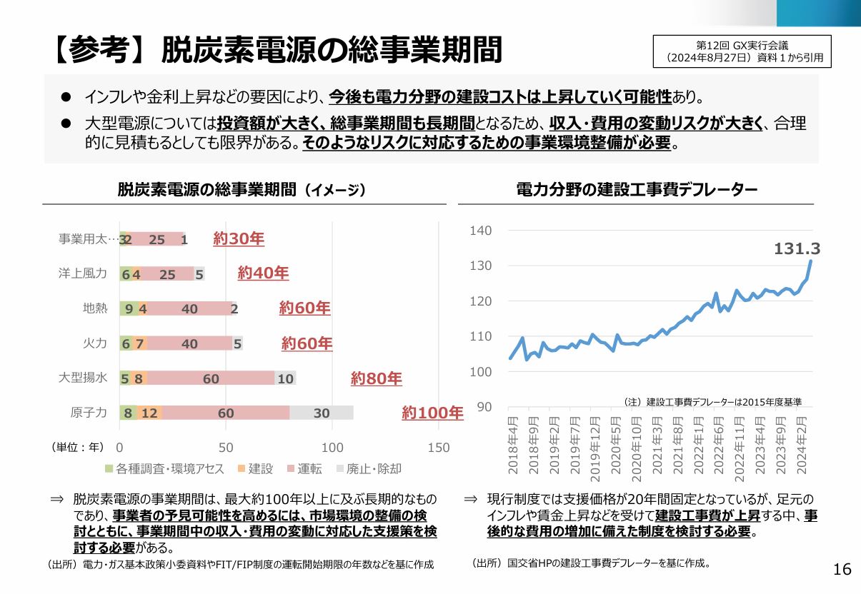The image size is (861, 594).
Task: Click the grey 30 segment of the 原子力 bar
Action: (x=322, y=413)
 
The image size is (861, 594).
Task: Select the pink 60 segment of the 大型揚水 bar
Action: (x=211, y=378)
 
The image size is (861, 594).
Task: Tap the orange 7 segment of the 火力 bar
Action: (x=140, y=343)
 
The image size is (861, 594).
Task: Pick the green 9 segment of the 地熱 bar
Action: (x=129, y=309)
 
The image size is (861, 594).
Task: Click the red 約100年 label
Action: (x=432, y=413)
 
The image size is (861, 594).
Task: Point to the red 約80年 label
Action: (x=376, y=378)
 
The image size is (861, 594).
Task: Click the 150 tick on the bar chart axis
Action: (x=439, y=448)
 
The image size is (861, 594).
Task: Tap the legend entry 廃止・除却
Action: (x=368, y=469)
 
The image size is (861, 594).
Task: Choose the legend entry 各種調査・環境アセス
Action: (x=164, y=469)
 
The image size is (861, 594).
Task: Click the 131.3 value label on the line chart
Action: (x=797, y=248)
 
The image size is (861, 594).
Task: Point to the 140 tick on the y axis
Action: (x=481, y=231)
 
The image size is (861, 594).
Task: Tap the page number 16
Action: (x=842, y=569)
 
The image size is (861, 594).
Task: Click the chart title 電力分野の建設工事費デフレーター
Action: (x=636, y=189)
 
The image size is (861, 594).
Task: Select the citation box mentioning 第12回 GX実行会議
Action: (x=742, y=51)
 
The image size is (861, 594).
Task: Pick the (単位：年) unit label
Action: (x=77, y=448)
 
